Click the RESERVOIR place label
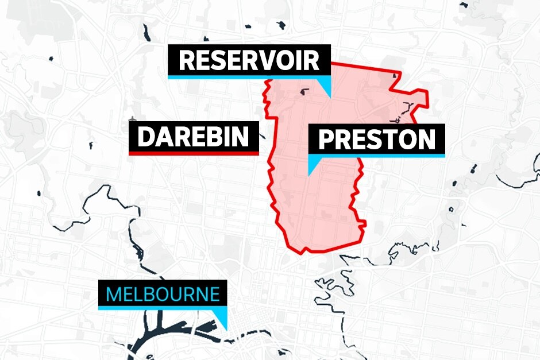coord(249,60)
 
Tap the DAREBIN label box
coord(194,137)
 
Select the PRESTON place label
coord(377,140)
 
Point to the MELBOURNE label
coord(163,295)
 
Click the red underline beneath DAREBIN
coord(194,153)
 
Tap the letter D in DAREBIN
coord(146,137)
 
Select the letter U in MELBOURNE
coord(177,295)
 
